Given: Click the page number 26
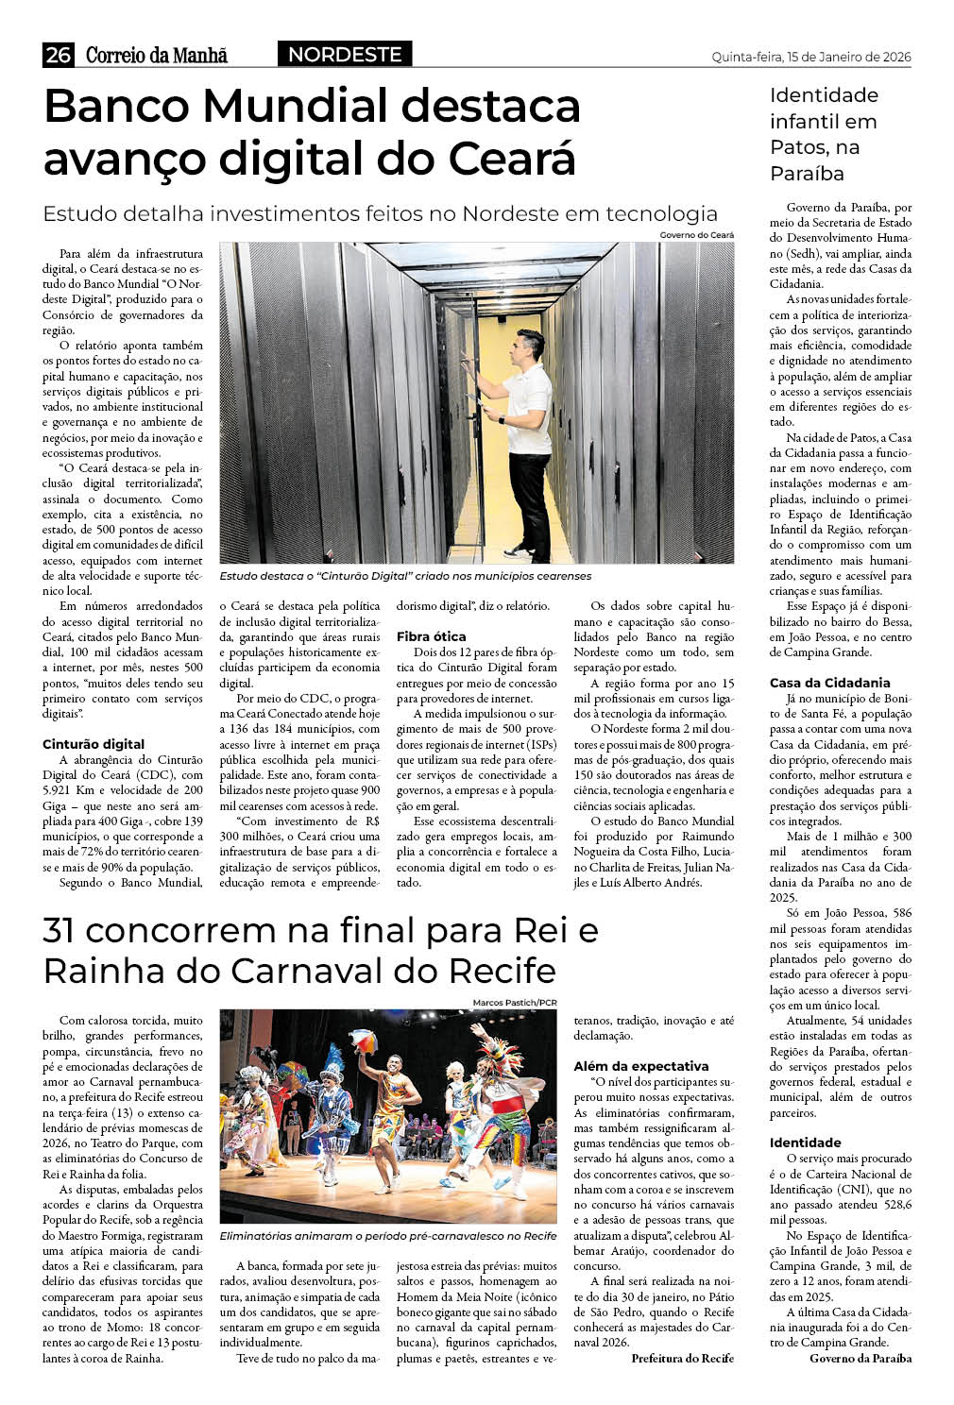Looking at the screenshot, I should [x=58, y=56].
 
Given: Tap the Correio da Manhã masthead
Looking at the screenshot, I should [x=157, y=56].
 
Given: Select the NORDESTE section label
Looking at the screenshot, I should [x=345, y=55].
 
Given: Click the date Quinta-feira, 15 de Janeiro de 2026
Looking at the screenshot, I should [x=810, y=57].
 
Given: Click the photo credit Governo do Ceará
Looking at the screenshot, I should [x=696, y=234].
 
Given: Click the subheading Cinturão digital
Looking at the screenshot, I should [x=94, y=744].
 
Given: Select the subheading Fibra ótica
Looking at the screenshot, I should [x=432, y=636].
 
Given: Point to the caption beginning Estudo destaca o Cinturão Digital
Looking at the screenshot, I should [x=405, y=576].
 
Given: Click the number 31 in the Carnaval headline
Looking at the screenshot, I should [x=60, y=931].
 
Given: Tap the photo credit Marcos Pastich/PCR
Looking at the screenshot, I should [x=515, y=1002].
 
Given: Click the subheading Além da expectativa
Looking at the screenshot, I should [x=641, y=1066].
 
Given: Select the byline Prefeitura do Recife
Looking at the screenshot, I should [x=682, y=1358].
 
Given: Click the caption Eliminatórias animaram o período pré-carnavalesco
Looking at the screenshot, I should [x=387, y=1236].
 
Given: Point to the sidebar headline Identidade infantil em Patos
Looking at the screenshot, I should [x=824, y=134].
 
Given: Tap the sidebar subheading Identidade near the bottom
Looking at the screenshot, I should [x=805, y=1143].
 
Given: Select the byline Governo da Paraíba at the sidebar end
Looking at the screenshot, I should [x=860, y=1358].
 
